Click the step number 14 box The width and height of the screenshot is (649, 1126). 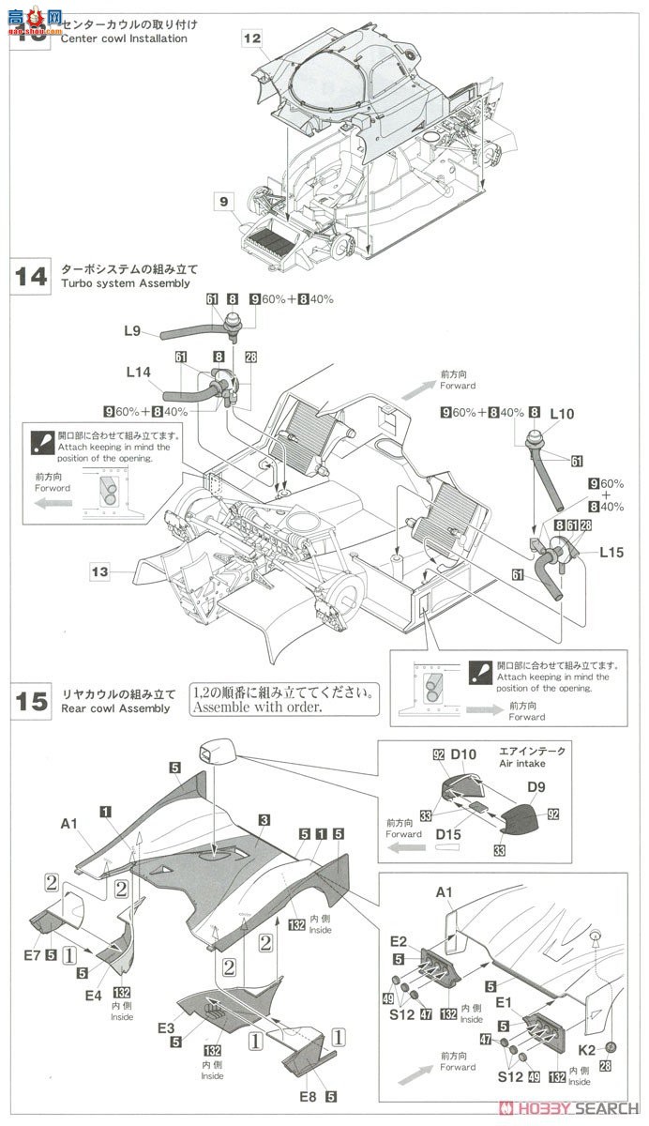coord(31,278)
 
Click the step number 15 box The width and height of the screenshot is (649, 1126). coord(31,702)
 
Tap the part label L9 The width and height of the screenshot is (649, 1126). coord(132,330)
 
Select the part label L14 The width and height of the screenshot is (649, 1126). coord(138,373)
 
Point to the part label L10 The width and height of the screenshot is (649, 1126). coord(562,413)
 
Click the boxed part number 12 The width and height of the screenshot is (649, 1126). coord(250,38)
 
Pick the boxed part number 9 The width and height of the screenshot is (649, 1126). coord(224,199)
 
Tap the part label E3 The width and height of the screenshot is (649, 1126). coord(167,1028)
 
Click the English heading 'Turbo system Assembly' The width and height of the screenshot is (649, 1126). coord(125,283)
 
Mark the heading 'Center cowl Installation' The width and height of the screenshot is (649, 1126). coord(124,38)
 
